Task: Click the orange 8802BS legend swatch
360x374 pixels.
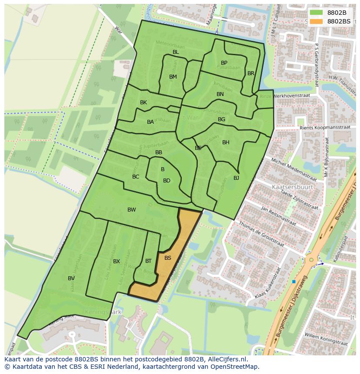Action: [316, 21]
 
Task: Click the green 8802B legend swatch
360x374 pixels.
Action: [316, 12]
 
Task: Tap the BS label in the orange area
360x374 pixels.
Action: [168, 258]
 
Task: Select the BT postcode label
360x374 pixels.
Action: [148, 261]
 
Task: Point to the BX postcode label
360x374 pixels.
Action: [117, 261]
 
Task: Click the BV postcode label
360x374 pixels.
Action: [71, 278]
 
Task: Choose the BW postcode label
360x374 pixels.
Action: [131, 210]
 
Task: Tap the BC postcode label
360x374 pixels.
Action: [136, 177]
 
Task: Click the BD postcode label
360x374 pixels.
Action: [167, 181]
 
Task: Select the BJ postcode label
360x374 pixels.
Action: [236, 178]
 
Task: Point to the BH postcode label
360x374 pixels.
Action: [226, 142]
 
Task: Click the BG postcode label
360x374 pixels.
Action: [221, 119]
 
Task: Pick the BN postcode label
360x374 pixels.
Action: [220, 94]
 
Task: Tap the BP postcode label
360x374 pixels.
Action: [224, 63]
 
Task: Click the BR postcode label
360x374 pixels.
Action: [250, 73]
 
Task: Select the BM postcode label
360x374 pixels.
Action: [173, 77]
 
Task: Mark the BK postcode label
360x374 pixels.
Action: [143, 103]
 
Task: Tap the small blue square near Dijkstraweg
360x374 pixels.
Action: [294, 282]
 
